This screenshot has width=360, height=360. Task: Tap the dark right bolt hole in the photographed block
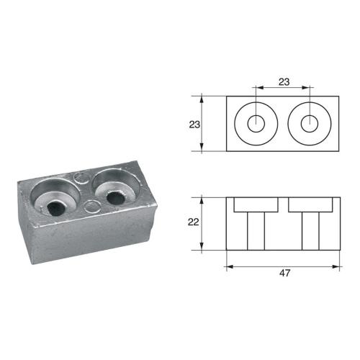(x=113, y=197)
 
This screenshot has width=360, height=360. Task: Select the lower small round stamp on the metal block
(x=90, y=207)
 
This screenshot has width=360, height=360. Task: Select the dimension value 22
(x=192, y=222)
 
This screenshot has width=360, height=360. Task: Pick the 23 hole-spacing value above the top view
(x=284, y=82)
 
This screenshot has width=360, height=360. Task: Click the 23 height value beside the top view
(x=194, y=124)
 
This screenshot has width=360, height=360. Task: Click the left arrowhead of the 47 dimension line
(x=230, y=266)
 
